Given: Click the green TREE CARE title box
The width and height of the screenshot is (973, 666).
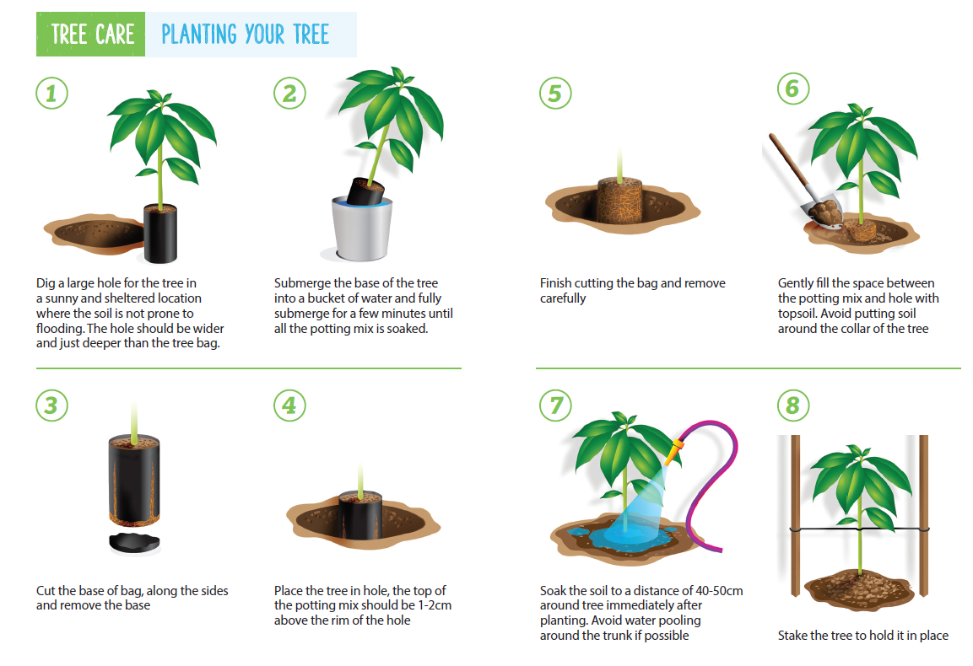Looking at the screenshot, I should point(92,35).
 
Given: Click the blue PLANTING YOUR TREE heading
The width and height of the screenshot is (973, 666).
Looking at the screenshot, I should point(245,35).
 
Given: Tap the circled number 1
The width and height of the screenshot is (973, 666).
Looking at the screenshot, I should point(51,94).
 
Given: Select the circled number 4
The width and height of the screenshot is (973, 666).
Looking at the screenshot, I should point(289,406).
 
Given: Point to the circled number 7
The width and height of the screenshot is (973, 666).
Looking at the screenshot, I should point(554,406).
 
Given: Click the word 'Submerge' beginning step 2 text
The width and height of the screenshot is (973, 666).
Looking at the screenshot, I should point(304,283).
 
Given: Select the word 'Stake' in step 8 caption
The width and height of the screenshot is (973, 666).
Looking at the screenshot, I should point(794,636).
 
